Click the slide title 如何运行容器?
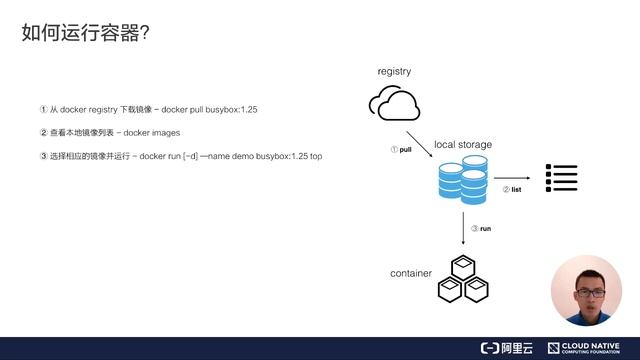pyautogui.click(x=86, y=33)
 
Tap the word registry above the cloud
pyautogui.click(x=394, y=72)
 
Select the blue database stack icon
pyautogui.click(x=462, y=182)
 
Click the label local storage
pyautogui.click(x=463, y=145)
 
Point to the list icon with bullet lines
pyautogui.click(x=561, y=178)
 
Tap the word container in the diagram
pyautogui.click(x=411, y=273)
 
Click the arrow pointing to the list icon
pyautogui.click(x=512, y=178)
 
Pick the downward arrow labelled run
pyautogui.click(x=463, y=229)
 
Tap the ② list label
pyautogui.click(x=512, y=189)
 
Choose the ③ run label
pyautogui.click(x=481, y=229)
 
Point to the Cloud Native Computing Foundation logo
pyautogui.click(x=590, y=348)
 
